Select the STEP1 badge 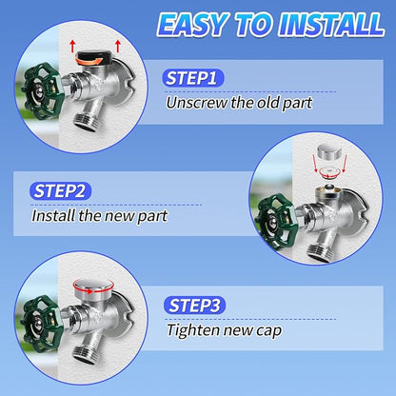193,78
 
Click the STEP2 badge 60,191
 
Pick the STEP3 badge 194,306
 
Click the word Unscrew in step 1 197,103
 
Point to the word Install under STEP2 53,216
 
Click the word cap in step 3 268,331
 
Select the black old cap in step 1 93,58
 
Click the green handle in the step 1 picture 43,91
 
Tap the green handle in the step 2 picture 277,223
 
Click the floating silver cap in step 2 329,152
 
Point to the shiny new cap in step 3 93,289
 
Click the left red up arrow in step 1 72,46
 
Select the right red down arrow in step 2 345,164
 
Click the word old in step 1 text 268,102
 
